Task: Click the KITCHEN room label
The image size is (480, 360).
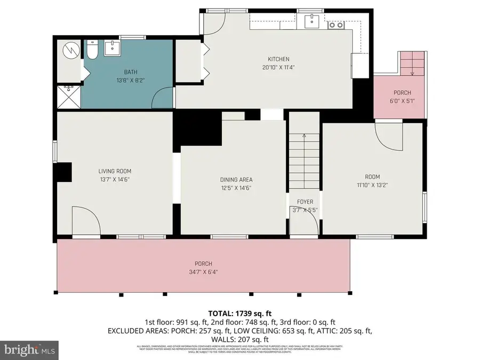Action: tap(278, 59)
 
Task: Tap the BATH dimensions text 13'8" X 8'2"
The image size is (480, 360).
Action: tap(130, 81)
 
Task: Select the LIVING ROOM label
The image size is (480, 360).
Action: tap(114, 171)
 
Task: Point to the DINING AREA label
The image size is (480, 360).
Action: tap(236, 180)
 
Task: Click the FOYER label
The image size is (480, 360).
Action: tap(305, 202)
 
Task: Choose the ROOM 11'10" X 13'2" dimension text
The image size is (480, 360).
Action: tap(372, 185)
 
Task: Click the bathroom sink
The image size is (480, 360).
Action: tap(113, 48)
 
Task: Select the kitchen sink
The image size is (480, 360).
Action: tap(312, 22)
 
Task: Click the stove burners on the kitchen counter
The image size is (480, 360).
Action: tap(336, 24)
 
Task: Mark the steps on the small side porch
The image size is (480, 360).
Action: tap(412, 63)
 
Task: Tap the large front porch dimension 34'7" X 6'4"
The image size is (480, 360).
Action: tap(203, 272)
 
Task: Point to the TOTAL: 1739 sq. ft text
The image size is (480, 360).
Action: tap(240, 313)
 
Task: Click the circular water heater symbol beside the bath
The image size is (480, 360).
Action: tap(69, 50)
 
